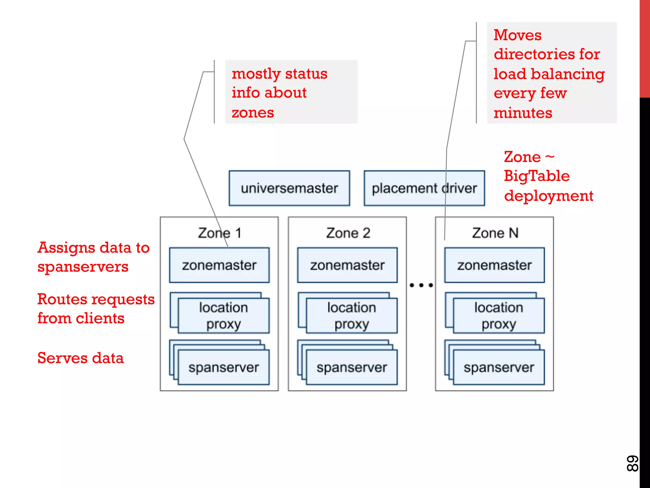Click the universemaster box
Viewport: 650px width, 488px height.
[x=289, y=188]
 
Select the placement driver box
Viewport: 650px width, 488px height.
[x=424, y=188]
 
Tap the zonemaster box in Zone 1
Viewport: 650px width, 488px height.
[x=219, y=265]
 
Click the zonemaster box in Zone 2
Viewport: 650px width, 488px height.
[x=347, y=265]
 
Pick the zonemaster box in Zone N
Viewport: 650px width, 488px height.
[x=494, y=265]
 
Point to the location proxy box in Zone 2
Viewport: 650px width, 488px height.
[x=351, y=315]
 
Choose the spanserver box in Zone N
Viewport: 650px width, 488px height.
[x=499, y=367]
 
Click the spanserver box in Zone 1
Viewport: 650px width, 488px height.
[x=223, y=367]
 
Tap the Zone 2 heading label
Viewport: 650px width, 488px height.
[x=348, y=233]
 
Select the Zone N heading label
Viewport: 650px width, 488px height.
[x=495, y=233]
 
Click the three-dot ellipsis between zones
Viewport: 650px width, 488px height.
[x=421, y=285]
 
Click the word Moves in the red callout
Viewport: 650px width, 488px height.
[x=517, y=35]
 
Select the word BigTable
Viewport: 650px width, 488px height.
[x=537, y=176]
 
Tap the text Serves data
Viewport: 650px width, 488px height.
[x=80, y=358]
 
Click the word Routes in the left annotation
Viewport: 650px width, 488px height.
[x=62, y=299]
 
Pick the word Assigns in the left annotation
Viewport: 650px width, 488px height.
[x=66, y=248]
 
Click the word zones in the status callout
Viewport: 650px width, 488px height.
[x=253, y=113]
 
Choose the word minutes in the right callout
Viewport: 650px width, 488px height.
[x=523, y=113]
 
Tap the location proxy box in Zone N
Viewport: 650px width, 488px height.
[x=499, y=315]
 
